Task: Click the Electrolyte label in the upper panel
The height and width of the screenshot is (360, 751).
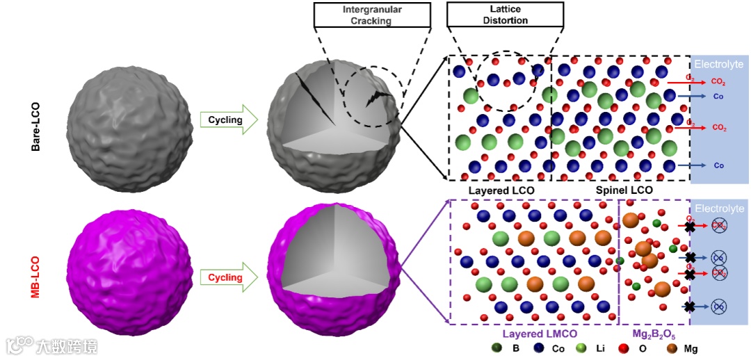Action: pos(720,64)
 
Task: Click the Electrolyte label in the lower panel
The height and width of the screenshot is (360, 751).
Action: pos(720,208)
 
